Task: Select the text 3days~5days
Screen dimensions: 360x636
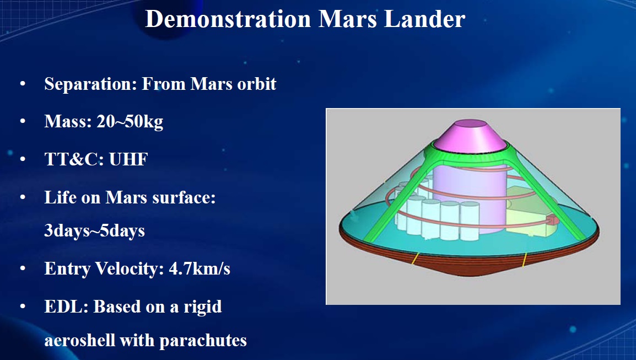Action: coord(94,230)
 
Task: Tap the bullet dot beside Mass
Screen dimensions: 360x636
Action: coord(23,122)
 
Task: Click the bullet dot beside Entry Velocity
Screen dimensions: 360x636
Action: coord(23,270)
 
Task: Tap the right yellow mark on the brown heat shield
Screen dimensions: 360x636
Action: coord(525,259)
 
